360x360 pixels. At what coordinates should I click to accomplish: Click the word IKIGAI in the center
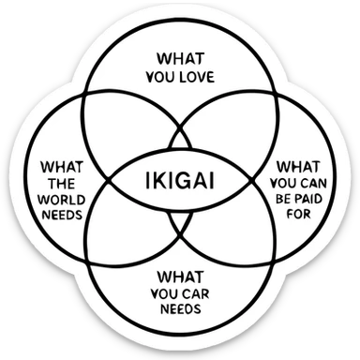click(179, 179)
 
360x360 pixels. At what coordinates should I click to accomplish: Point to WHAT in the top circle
click(179, 56)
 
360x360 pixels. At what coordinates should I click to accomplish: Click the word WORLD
click(62, 198)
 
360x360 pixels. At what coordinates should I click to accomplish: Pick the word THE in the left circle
click(62, 182)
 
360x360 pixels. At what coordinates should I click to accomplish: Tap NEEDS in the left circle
click(62, 214)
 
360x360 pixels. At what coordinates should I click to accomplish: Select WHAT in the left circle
click(62, 166)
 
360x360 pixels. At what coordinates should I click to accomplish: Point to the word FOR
click(299, 214)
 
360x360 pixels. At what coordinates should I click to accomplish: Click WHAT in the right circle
click(299, 166)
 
